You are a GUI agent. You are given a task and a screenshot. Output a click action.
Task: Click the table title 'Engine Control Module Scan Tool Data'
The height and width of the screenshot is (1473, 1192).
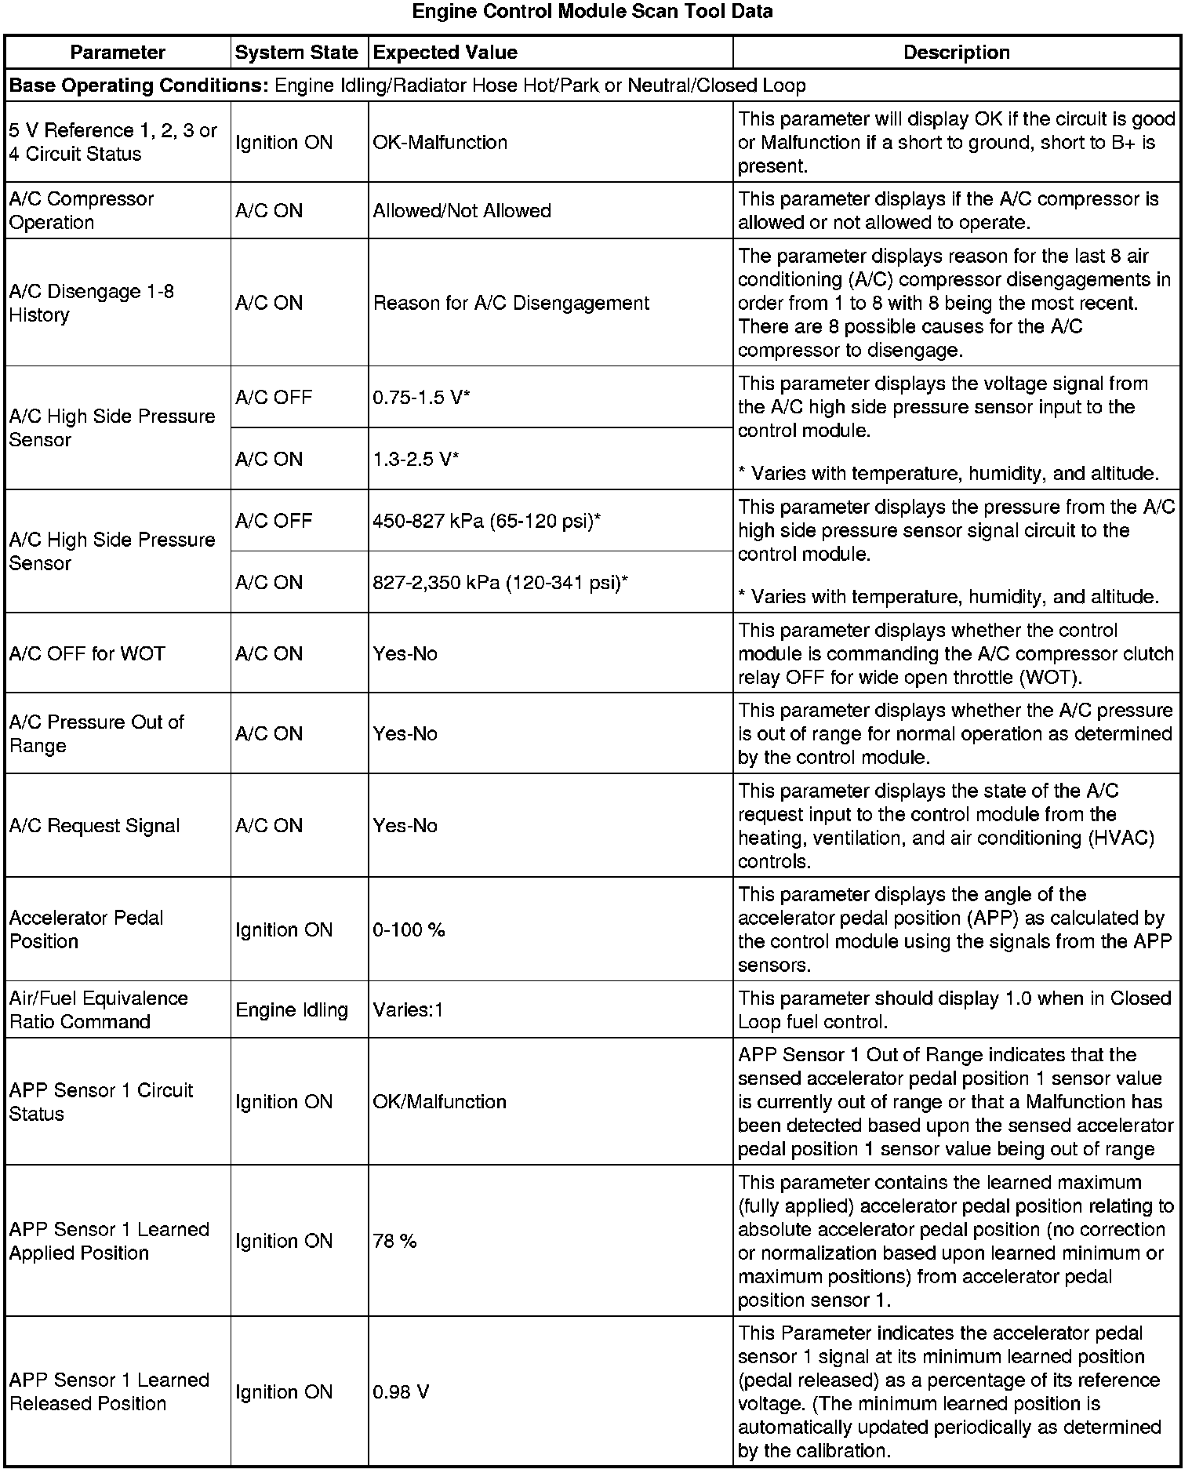[x=592, y=12]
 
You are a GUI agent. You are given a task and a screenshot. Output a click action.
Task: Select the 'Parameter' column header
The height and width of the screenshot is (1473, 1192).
[x=118, y=53]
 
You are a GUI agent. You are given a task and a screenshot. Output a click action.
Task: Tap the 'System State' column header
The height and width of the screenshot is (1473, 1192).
[x=296, y=53]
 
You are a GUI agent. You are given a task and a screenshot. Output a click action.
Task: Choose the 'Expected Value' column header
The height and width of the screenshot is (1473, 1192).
[x=445, y=53]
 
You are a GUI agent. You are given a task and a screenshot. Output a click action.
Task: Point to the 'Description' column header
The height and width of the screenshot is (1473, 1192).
[x=956, y=53]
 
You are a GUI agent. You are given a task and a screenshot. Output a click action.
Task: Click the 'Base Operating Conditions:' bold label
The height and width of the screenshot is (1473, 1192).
[x=139, y=85]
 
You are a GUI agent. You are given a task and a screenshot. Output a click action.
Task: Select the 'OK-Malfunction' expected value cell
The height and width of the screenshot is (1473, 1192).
[x=440, y=143]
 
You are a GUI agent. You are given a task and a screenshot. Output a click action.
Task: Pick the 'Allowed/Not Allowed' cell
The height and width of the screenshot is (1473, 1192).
[x=462, y=211]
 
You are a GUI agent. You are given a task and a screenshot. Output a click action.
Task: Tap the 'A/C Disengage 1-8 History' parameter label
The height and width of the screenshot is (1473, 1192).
[x=91, y=303]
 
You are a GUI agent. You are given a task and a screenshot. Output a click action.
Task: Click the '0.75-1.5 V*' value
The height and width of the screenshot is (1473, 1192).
[x=421, y=398]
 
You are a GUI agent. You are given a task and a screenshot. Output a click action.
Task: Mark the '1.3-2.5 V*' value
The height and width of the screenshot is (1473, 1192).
[x=416, y=459]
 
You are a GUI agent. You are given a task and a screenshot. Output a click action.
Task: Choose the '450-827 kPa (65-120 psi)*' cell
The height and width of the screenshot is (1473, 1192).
[x=486, y=521]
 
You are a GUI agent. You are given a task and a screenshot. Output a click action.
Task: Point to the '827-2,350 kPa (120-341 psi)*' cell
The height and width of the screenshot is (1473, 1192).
[x=500, y=583]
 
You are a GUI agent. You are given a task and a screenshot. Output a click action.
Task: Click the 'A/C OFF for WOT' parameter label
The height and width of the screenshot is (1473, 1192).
[x=87, y=654]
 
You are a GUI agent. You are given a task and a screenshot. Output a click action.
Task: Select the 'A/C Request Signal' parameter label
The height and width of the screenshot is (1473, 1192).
[x=94, y=826]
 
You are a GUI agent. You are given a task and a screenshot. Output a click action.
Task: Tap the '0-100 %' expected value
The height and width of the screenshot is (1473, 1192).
[x=409, y=930]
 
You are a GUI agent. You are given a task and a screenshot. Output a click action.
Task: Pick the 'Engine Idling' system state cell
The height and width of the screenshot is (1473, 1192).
[x=291, y=1010]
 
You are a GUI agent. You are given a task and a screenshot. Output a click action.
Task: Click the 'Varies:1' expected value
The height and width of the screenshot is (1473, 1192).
[x=408, y=1010]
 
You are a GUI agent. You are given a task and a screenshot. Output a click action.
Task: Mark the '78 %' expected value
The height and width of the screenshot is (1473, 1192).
[x=394, y=1242]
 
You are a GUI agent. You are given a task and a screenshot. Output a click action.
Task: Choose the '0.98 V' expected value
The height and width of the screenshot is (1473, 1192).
[x=401, y=1392]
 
